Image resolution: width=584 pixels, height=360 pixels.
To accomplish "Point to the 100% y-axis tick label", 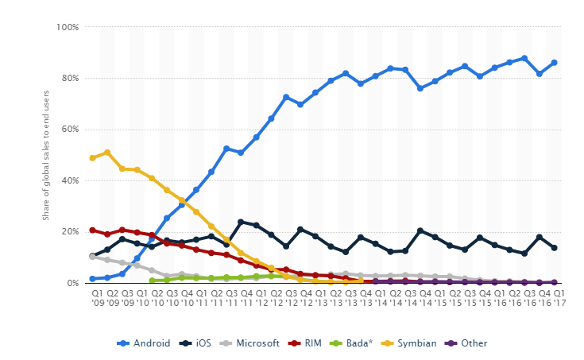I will [68, 27].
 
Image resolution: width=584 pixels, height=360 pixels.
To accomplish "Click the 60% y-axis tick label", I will [70, 130].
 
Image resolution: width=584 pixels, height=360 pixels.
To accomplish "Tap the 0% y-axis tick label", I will [72, 283].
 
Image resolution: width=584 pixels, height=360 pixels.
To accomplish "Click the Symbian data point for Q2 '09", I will [107, 153].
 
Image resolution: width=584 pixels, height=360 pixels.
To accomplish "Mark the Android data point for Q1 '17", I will [555, 63].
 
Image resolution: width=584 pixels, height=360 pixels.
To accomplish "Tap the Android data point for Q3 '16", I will [524, 58].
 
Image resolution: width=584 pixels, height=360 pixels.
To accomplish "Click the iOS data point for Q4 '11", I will [241, 223].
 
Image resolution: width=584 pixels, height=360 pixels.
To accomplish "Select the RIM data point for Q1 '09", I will [92, 230].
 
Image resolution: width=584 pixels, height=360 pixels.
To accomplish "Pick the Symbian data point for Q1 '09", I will [92, 158].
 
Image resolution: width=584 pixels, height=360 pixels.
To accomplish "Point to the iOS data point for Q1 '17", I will [555, 248].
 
